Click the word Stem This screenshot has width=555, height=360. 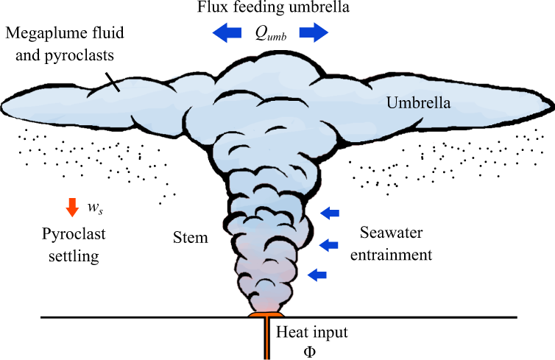coord(190,238)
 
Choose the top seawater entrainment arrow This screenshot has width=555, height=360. coord(330,213)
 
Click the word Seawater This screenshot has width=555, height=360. coord(395,234)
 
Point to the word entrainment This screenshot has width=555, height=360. coord(395,255)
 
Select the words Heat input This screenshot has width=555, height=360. coord(311,331)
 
